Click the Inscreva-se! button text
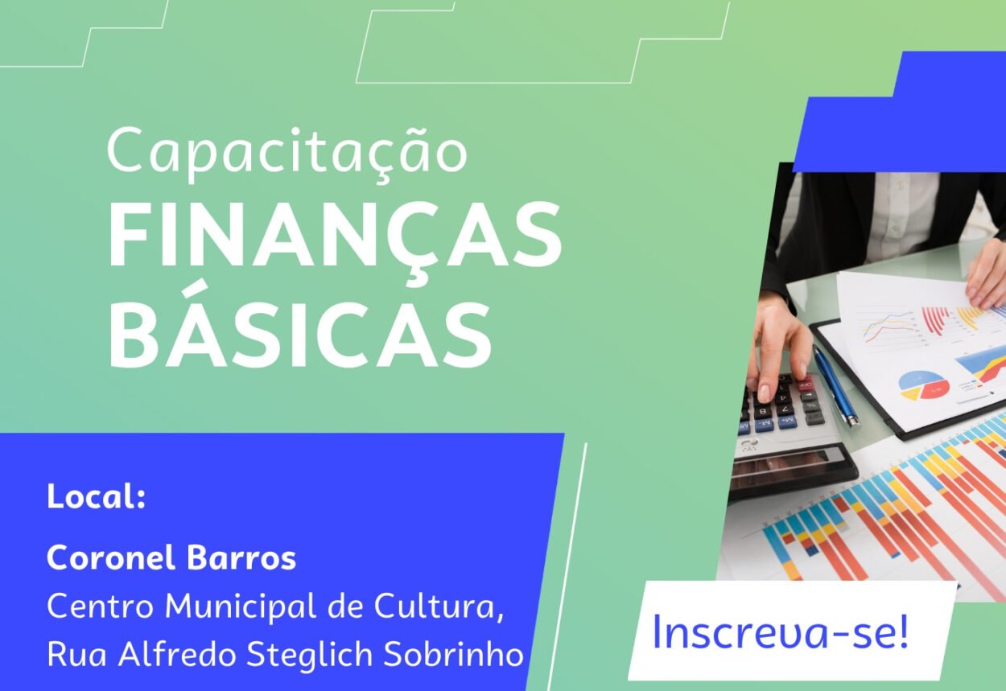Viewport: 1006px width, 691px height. pos(781,632)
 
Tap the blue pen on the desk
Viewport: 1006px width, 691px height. pos(835,385)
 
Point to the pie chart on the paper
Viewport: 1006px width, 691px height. pos(923,385)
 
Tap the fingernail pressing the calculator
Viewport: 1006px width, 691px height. pos(763,392)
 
